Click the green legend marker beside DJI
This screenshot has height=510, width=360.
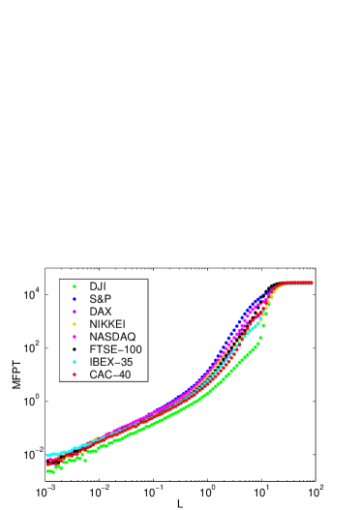[75, 286]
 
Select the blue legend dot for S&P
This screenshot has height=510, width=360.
[75, 299]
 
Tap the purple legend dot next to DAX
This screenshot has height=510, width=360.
[75, 312]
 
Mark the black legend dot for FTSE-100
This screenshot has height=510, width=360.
[75, 349]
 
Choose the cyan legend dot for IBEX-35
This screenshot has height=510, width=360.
[75, 362]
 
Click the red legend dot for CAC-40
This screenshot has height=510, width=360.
[75, 375]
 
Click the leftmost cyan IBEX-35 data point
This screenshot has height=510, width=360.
[46, 454]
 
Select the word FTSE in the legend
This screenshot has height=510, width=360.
[103, 349]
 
